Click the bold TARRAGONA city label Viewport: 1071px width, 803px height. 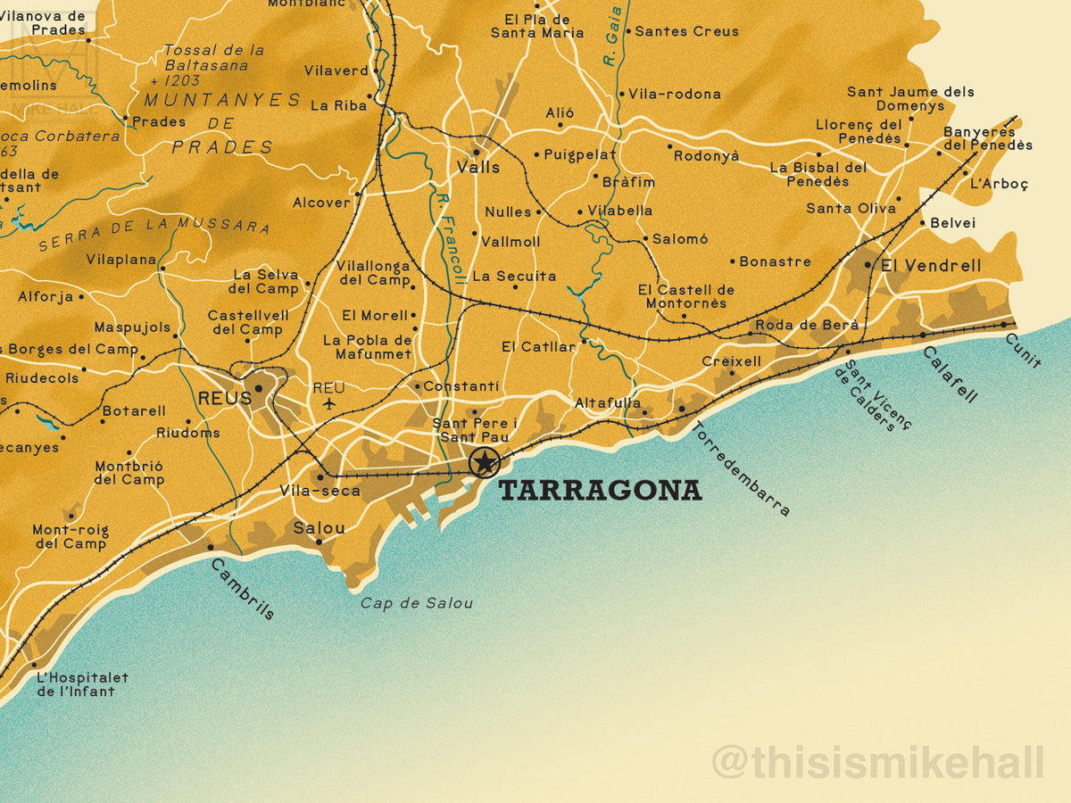pos(600,491)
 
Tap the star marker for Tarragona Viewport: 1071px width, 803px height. pos(484,462)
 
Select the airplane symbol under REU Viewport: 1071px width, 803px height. pos(329,404)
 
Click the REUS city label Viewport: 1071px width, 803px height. pos(224,399)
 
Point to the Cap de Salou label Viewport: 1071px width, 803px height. pos(417,603)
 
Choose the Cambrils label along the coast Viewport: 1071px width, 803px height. pos(243,589)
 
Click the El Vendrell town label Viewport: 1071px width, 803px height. pos(930,266)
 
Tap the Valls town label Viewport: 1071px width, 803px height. pos(478,167)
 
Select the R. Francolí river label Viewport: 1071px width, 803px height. pos(448,237)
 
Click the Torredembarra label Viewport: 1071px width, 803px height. pos(741,468)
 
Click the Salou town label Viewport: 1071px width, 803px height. pos(319,528)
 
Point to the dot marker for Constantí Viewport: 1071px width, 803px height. pos(417,386)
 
